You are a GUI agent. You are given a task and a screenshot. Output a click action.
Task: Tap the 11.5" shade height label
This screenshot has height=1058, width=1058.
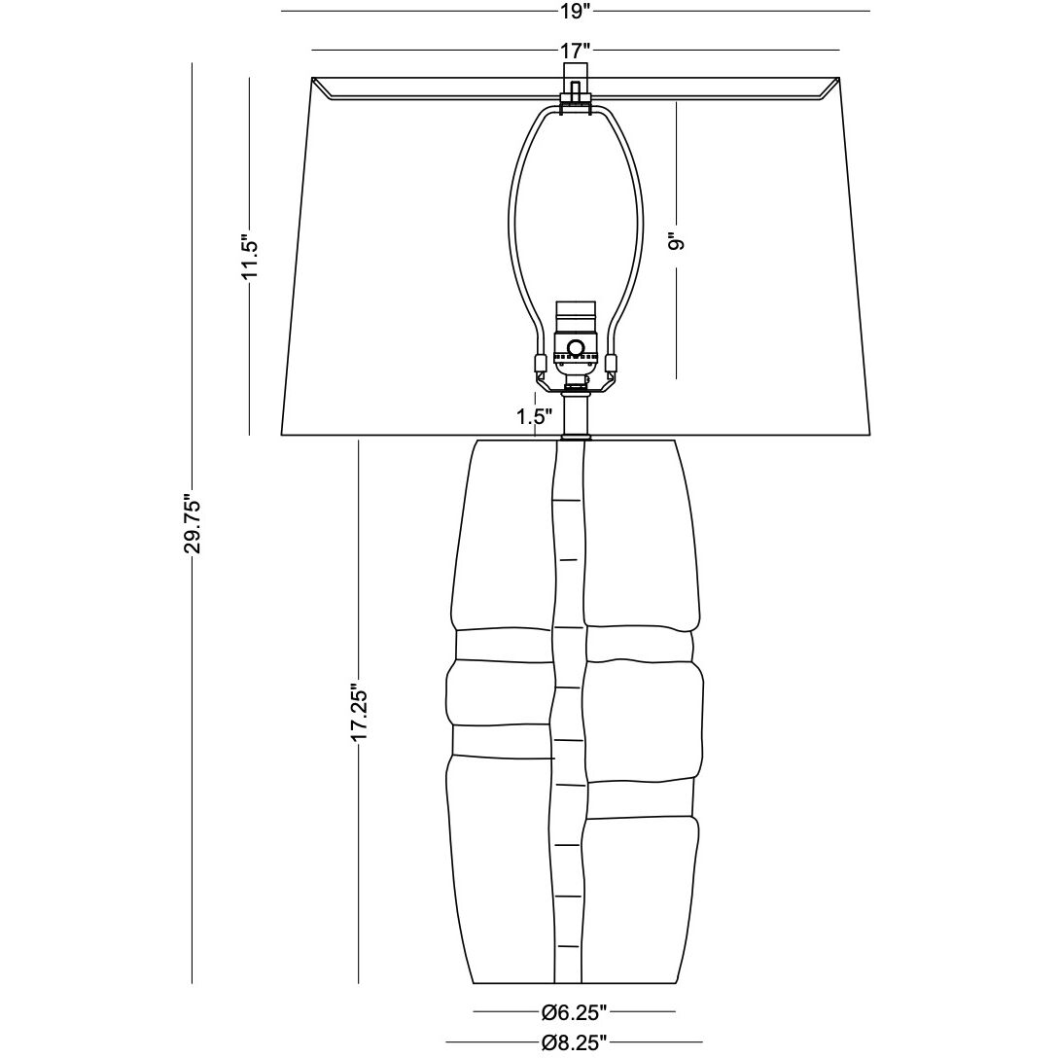click(250, 257)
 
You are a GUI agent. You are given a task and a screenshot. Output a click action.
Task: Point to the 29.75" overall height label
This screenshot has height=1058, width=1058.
click(193, 525)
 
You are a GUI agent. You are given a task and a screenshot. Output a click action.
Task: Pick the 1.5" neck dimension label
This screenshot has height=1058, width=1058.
click(535, 417)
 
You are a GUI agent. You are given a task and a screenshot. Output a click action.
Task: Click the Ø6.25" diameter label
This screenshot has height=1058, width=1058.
click(575, 1012)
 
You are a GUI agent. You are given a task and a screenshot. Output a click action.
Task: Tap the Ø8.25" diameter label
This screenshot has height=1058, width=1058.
click(575, 1042)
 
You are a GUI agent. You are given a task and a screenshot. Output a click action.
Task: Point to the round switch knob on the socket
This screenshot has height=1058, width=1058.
click(576, 346)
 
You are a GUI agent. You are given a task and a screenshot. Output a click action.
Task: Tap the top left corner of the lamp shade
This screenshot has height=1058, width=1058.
click(311, 79)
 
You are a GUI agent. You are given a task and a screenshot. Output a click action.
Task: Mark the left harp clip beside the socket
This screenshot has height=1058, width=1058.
click(539, 364)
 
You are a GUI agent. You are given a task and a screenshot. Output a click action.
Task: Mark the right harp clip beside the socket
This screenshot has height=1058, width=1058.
click(612, 364)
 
